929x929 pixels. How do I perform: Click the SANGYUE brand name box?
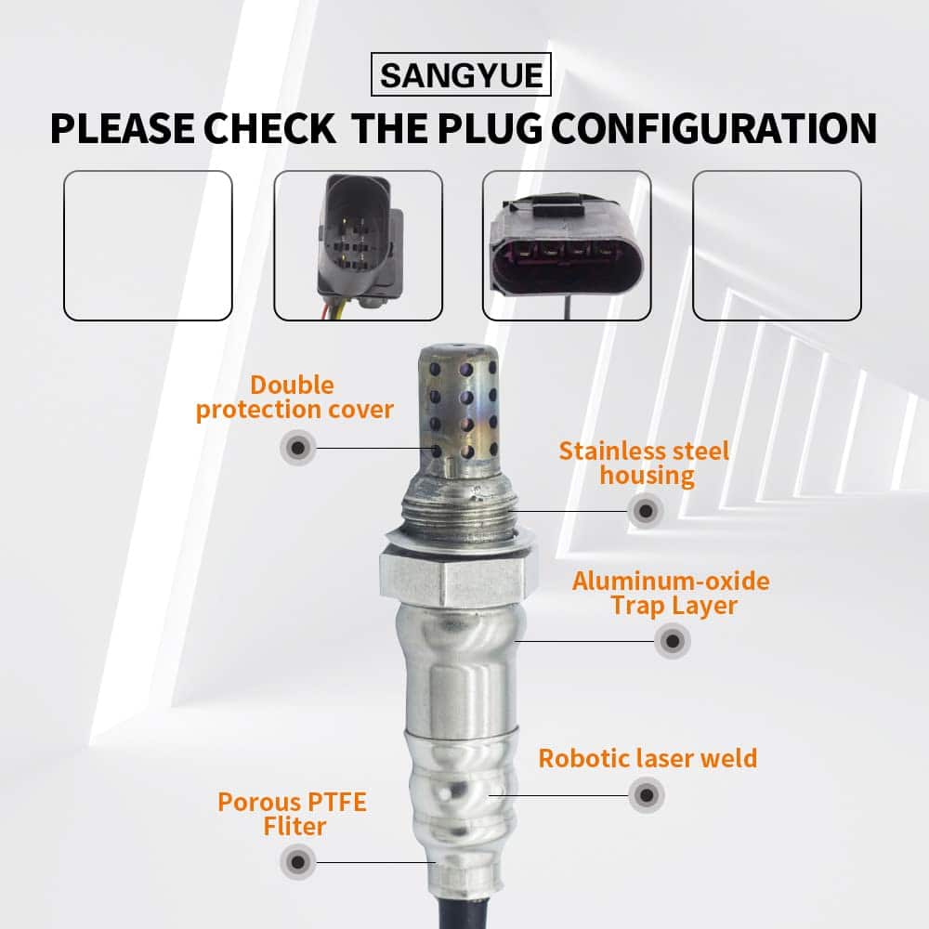click(x=461, y=74)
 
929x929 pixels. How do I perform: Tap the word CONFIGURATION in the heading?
click(x=713, y=128)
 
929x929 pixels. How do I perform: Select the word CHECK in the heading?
click(x=269, y=128)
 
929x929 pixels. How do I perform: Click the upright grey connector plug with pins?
click(x=360, y=242)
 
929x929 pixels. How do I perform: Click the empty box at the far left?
click(x=148, y=246)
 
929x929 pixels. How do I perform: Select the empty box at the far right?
click(x=777, y=246)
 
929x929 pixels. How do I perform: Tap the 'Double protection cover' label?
click(x=294, y=398)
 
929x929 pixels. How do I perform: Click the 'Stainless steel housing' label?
click(x=645, y=464)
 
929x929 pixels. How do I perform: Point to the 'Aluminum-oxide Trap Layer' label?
click(x=672, y=593)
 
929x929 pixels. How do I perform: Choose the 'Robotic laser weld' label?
click(x=648, y=758)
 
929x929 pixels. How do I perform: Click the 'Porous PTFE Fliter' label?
click(x=293, y=814)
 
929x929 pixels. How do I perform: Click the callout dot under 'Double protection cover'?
click(x=298, y=448)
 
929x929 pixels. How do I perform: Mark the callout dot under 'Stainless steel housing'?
click(x=646, y=510)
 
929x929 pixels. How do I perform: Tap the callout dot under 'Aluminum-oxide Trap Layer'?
click(x=673, y=640)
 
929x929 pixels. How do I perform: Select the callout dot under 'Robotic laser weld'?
click(x=647, y=795)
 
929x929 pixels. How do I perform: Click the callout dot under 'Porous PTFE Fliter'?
click(x=298, y=862)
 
